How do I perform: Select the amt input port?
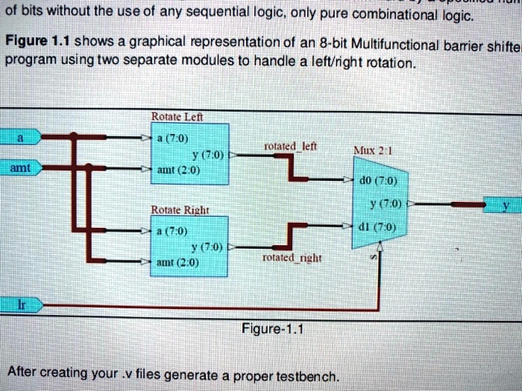21,169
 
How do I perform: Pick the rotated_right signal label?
292,257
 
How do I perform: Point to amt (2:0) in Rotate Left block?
178,169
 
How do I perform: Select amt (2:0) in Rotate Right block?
178,262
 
